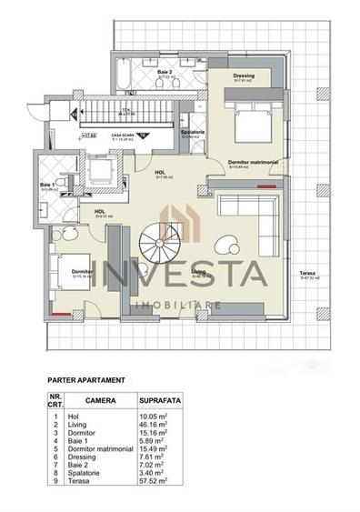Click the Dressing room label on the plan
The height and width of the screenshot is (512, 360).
(x=243, y=76)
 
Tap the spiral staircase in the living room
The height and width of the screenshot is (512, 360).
(x=162, y=245)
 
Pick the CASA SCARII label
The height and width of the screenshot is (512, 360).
(x=123, y=133)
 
